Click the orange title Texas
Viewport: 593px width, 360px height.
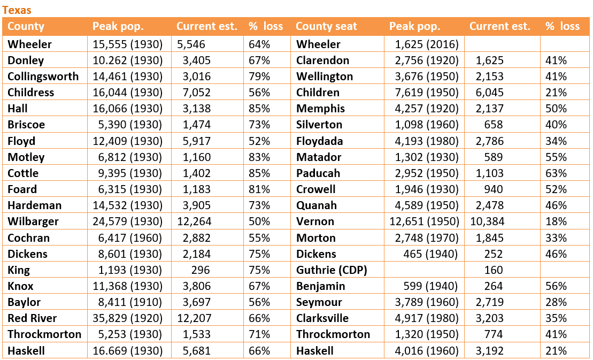(x=17, y=10)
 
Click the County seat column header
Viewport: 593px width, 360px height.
(x=326, y=26)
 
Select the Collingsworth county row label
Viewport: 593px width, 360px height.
(x=43, y=76)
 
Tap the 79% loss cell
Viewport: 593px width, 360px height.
(x=259, y=76)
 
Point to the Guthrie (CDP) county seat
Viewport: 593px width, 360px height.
(x=332, y=270)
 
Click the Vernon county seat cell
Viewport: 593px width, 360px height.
(x=315, y=221)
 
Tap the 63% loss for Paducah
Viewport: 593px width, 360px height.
(x=556, y=173)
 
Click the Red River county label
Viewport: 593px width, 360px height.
(x=32, y=318)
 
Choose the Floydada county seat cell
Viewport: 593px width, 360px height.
(x=319, y=141)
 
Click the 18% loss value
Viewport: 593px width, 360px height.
(x=556, y=221)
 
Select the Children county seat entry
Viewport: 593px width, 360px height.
(x=318, y=93)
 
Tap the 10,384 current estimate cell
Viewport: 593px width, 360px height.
(x=487, y=221)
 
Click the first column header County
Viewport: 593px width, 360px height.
(x=26, y=26)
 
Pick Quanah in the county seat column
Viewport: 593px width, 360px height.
(x=317, y=205)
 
